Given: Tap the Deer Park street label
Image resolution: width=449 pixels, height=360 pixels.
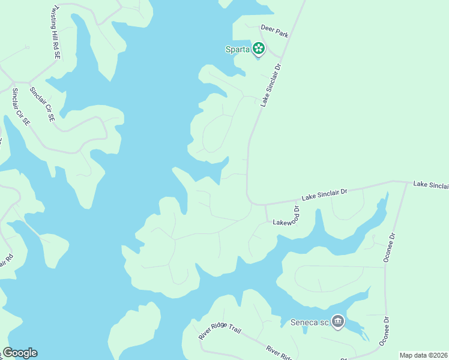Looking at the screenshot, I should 274,31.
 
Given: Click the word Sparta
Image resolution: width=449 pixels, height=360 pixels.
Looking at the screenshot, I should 237,49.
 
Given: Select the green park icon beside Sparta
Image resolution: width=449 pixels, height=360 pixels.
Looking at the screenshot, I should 258,49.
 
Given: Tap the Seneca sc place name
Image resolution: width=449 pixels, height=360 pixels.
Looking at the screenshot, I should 310,322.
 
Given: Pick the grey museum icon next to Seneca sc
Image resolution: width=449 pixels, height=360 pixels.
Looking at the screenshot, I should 338,322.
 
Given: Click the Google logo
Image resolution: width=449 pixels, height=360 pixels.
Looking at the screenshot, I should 20,353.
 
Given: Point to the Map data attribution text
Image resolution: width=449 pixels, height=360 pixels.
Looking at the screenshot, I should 423,355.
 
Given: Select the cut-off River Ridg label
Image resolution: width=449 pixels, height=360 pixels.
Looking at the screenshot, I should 279,352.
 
